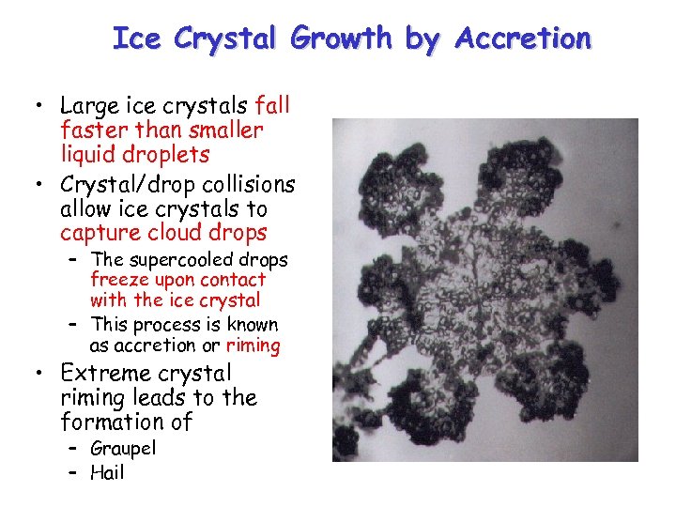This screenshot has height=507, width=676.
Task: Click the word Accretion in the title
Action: (523, 38)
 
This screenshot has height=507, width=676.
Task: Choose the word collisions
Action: (246, 184)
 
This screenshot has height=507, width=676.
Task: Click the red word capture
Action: (98, 233)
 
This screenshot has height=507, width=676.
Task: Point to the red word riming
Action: (253, 346)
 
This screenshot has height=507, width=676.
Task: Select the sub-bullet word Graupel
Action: (123, 449)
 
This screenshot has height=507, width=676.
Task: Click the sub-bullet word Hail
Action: (107, 472)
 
